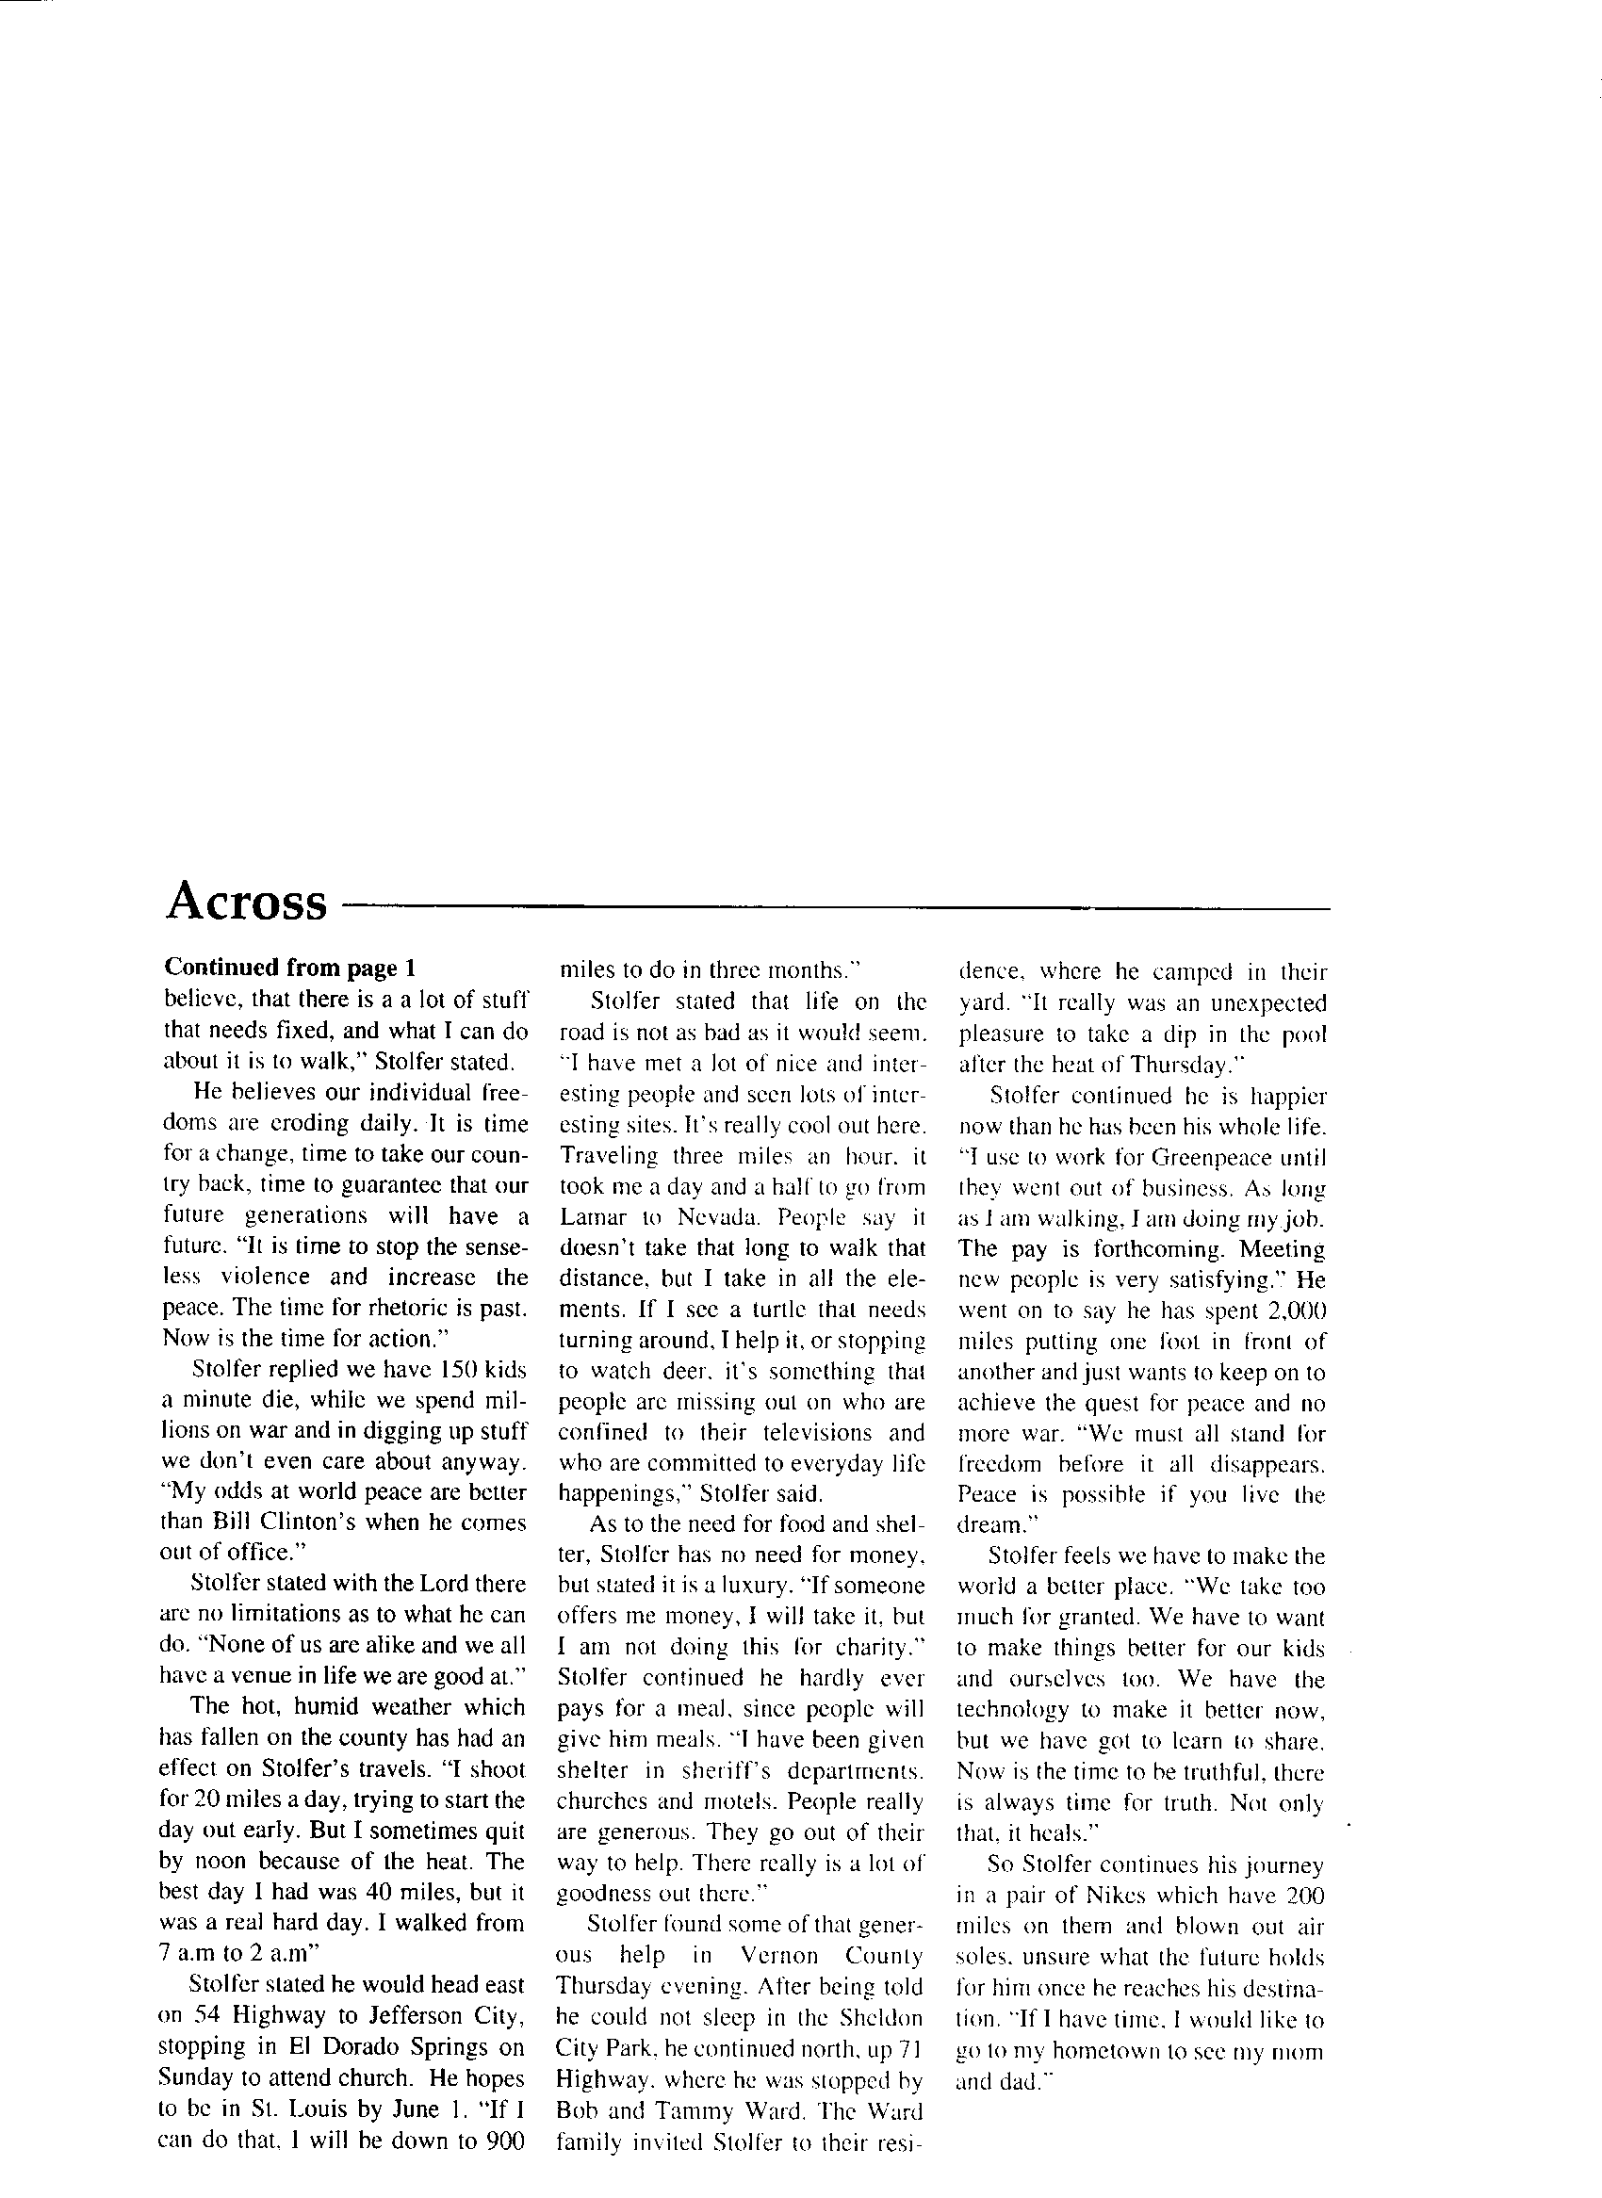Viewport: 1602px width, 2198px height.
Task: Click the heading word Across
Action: click(x=246, y=902)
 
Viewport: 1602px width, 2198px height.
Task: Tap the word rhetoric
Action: click(x=400, y=1307)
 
